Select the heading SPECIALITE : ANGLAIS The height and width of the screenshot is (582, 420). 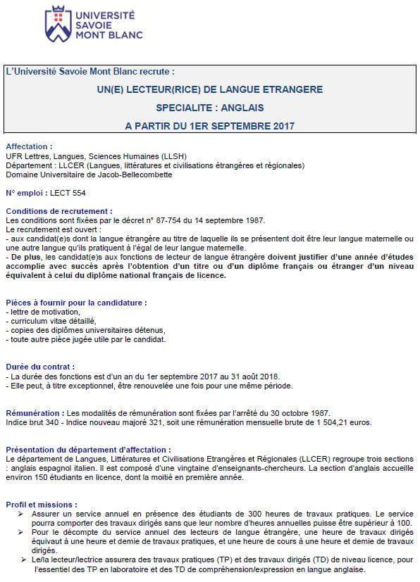point(211,108)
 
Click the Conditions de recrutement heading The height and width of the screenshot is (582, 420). point(58,210)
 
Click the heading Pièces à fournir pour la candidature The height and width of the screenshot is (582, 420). point(76,303)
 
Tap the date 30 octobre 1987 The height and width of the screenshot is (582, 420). point(299,412)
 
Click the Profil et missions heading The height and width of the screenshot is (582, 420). point(42,505)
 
